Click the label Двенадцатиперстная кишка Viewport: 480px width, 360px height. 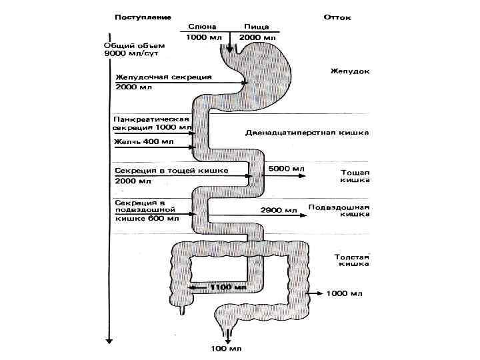click(x=317, y=132)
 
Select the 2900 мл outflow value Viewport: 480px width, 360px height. click(x=283, y=211)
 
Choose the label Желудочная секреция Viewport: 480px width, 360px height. click(x=163, y=77)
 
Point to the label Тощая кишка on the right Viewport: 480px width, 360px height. click(x=355, y=175)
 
